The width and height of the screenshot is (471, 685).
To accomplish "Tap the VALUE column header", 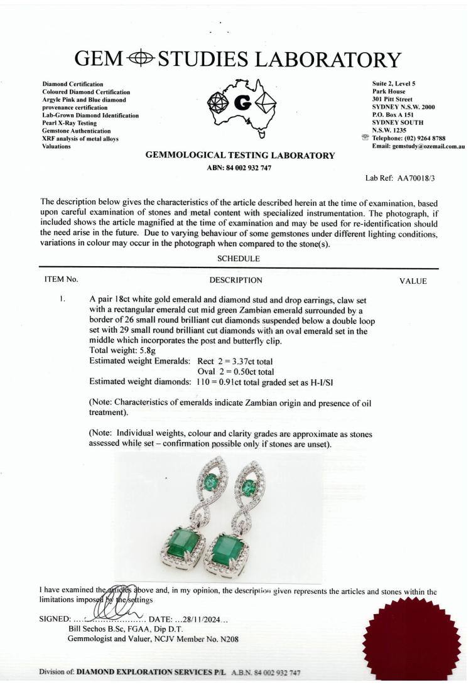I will [x=413, y=281].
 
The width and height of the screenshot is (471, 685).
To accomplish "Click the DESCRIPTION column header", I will [x=235, y=281].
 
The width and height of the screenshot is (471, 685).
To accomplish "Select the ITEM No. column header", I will [x=61, y=281].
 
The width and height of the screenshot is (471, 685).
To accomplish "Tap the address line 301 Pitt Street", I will [x=392, y=99].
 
